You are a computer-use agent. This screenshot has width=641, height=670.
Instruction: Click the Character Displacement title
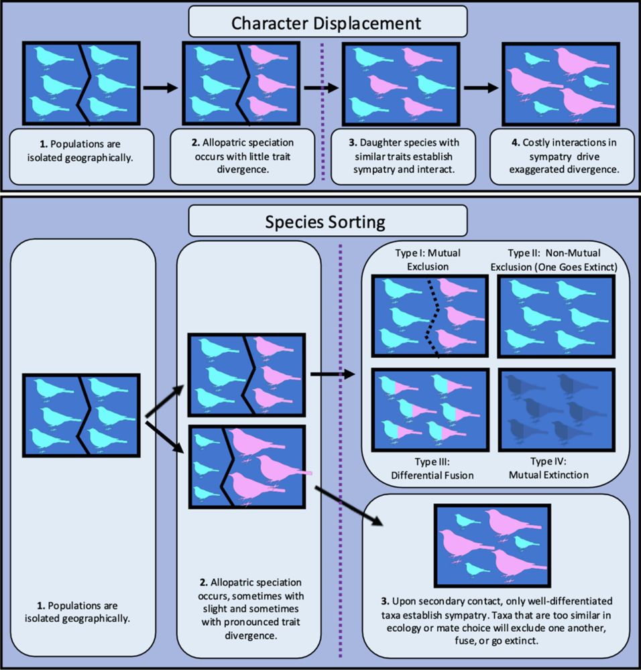click(x=327, y=23)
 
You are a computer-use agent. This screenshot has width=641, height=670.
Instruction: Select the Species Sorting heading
click(x=327, y=221)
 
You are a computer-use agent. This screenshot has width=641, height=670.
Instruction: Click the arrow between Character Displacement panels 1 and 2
click(x=161, y=87)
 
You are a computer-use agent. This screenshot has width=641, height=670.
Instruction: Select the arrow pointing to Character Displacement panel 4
click(x=481, y=87)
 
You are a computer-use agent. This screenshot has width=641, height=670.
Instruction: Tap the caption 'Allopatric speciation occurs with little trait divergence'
click(x=241, y=156)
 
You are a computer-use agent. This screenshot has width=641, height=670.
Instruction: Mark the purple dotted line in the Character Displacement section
click(x=323, y=114)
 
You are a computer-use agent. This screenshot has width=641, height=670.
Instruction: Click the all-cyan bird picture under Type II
click(x=556, y=316)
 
